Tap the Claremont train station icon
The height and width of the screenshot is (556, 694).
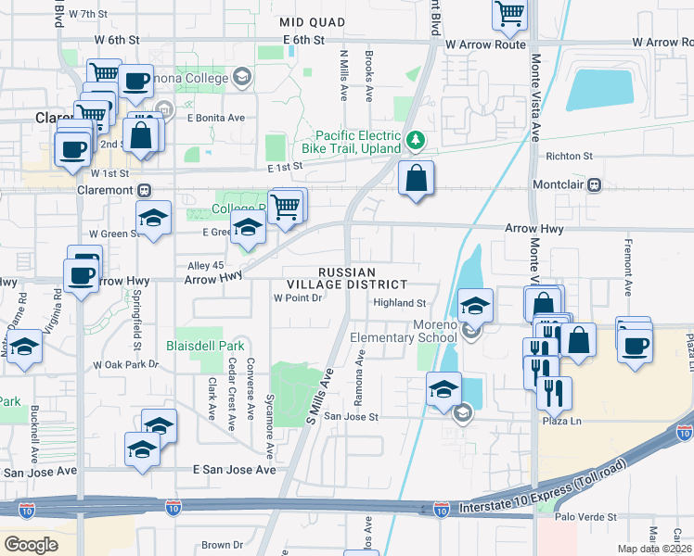click(x=144, y=190)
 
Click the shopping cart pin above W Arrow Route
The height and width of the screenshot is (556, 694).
click(x=509, y=14)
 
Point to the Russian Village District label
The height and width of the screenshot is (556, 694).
click(x=361, y=279)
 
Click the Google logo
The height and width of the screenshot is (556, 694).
click(x=31, y=545)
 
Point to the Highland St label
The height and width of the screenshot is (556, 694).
click(x=399, y=303)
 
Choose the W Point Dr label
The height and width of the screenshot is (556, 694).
click(x=297, y=298)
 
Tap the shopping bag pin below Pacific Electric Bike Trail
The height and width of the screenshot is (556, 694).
click(x=417, y=178)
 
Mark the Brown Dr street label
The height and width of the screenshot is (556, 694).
click(x=222, y=545)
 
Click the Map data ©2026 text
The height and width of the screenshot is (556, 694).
click(x=654, y=549)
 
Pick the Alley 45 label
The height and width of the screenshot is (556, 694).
click(x=206, y=264)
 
